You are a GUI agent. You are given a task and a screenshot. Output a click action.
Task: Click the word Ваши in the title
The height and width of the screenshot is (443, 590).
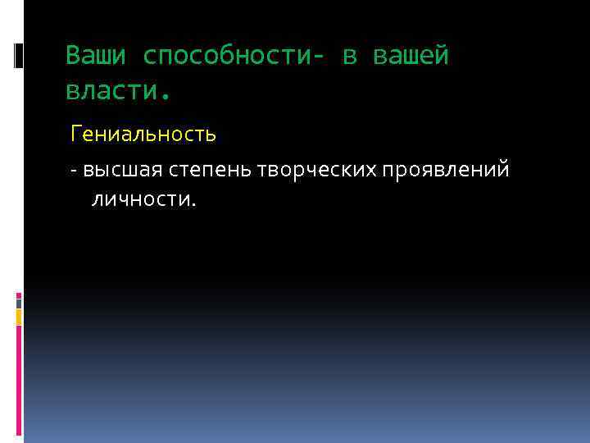coord(97,56)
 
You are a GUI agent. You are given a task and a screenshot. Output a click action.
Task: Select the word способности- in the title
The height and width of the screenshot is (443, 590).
coord(232,56)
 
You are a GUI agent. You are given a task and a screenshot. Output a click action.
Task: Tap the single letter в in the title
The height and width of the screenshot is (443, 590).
coord(350,56)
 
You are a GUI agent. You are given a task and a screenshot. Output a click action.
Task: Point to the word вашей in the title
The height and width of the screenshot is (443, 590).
coord(411,56)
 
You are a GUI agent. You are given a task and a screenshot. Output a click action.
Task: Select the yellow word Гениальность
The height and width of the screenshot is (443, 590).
coord(143,132)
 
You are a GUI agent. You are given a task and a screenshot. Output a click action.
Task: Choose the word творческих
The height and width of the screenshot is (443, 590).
coord(316,170)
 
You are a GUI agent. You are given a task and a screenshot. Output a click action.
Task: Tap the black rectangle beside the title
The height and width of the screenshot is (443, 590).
coord(20,56)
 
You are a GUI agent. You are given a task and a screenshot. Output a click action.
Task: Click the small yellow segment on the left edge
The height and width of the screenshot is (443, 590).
coord(19,316)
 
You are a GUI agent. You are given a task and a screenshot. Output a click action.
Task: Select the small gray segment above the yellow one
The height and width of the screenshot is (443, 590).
coord(19,302)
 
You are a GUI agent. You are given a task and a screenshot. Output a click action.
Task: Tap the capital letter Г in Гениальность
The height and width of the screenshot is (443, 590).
coord(76,132)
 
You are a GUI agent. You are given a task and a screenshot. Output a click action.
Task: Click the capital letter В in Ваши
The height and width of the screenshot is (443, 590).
coord(73,56)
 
